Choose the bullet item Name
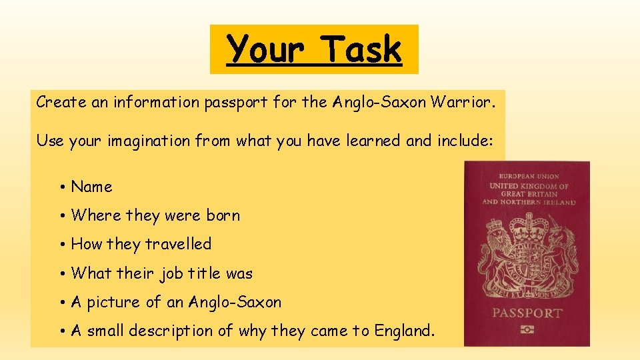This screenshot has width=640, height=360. tap(91, 187)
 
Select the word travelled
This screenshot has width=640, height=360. tap(177, 245)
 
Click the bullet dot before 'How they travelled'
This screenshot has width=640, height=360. tap(61, 245)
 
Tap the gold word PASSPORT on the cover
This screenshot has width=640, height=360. tap(527, 313)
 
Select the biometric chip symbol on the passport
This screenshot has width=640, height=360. tap(527, 330)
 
